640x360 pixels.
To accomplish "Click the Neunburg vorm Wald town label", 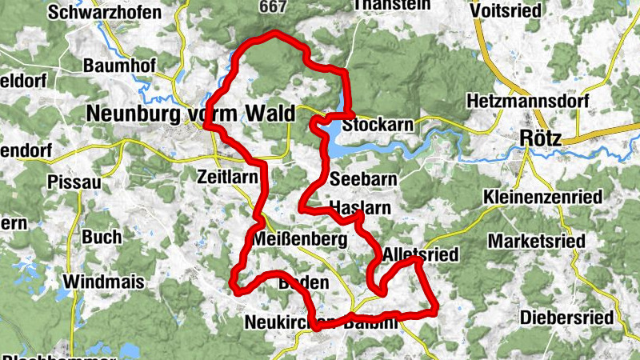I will (190, 114).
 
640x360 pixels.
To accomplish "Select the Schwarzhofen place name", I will (104, 12).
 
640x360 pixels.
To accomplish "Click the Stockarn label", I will (377, 126).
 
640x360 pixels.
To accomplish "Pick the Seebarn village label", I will (362, 180).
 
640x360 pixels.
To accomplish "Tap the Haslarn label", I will (359, 207).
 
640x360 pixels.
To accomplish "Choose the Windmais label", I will (104, 282).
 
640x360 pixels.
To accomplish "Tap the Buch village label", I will (102, 237).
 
